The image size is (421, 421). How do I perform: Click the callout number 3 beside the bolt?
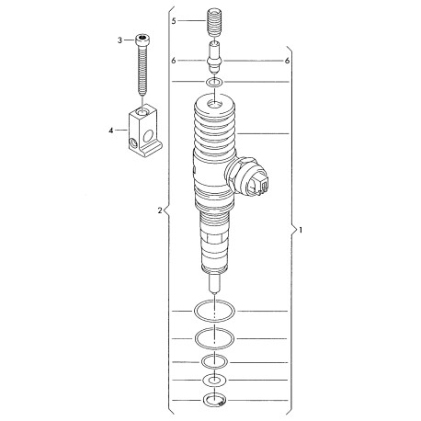coord(119,40)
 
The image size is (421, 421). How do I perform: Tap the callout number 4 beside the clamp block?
coord(111,131)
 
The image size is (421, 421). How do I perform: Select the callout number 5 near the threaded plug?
coord(174,21)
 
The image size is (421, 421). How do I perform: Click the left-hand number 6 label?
coord(174,61)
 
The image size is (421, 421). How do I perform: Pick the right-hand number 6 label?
coord(287,61)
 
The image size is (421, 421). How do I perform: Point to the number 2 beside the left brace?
coord(160,210)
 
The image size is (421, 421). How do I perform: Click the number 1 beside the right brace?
coord(301,230)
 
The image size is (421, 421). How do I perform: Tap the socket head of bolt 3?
coord(142,39)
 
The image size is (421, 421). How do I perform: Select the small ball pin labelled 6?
coord(215,57)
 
